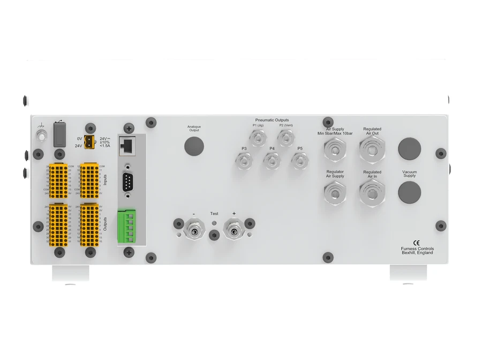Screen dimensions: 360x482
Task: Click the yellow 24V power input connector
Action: (x=89, y=141)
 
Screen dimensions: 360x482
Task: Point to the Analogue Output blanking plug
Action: (x=194, y=146)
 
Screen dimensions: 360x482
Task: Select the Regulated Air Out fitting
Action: (x=372, y=147)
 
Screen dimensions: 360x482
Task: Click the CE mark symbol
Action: (x=418, y=243)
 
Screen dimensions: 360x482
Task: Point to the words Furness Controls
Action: (x=417, y=249)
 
